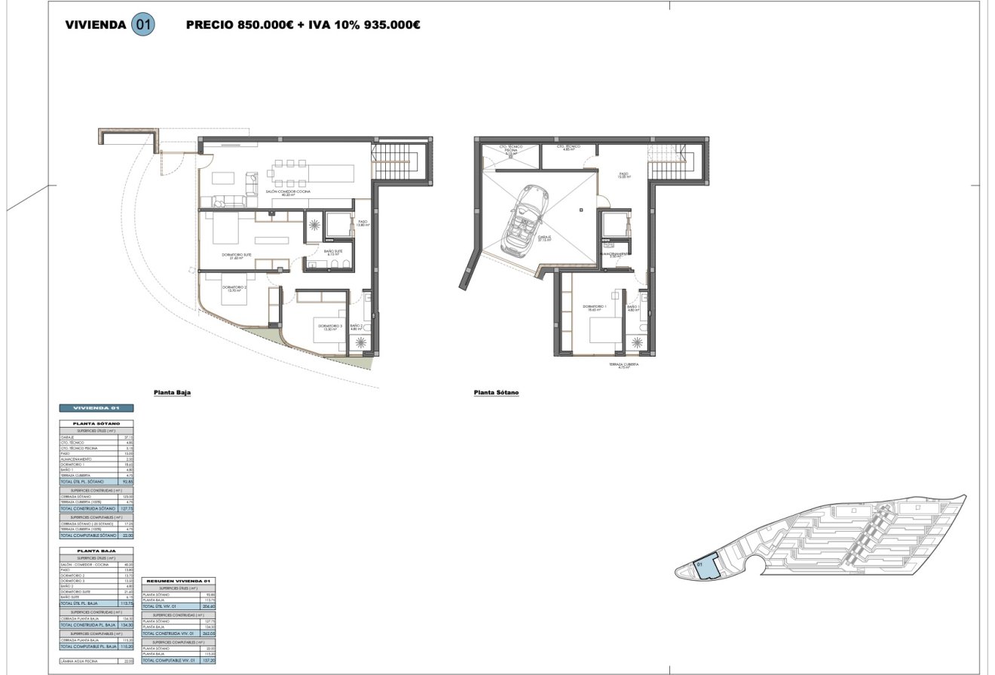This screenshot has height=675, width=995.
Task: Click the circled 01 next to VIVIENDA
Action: tap(143, 24)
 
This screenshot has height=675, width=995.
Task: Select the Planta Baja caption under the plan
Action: tap(172, 392)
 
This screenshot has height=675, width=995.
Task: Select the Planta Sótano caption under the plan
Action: tap(496, 392)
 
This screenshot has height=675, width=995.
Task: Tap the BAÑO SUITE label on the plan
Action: tap(333, 252)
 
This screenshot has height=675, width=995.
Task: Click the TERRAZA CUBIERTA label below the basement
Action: tap(624, 365)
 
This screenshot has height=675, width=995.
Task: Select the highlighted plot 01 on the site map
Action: tap(706, 567)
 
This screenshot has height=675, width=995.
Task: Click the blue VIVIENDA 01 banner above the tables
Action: tap(96, 408)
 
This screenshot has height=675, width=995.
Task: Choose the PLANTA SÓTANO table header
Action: tap(96, 424)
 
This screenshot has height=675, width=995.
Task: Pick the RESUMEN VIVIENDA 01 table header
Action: tap(179, 581)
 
